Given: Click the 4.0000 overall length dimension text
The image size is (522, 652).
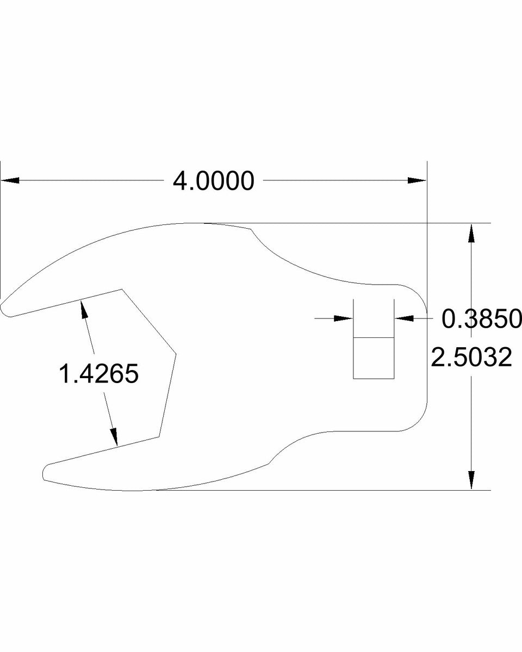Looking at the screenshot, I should tap(213, 181).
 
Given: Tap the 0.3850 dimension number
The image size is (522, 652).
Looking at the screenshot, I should tap(481, 319).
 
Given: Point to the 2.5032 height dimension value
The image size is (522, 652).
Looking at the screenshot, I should tap(471, 358).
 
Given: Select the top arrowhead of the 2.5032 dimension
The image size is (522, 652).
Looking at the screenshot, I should tap(471, 233).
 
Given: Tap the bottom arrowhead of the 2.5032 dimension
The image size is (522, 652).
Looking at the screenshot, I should tap(471, 480).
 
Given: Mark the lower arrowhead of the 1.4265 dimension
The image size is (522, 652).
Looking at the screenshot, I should tap(114, 437).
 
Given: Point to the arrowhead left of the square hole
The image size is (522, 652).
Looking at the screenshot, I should tap(344, 318).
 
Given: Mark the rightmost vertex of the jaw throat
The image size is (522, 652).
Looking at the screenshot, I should tap(176, 354).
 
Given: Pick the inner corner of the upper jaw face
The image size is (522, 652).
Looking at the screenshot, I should tap(121, 290).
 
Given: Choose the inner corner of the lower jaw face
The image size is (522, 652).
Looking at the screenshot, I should tap(160, 436).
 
